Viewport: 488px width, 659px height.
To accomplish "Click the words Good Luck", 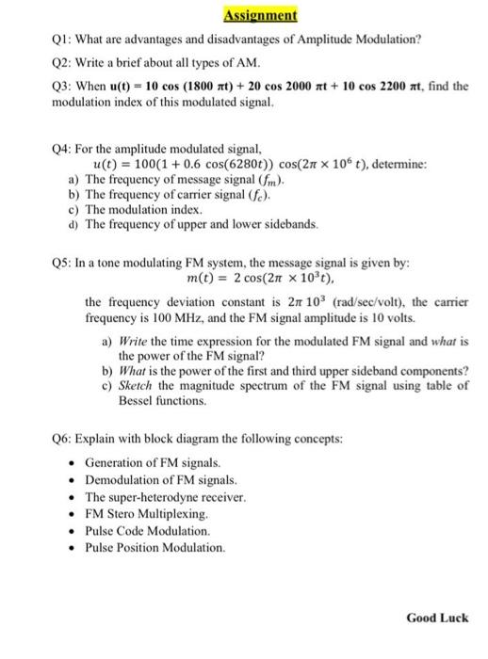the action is (436, 619).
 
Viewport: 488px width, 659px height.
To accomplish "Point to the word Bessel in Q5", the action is (137, 400).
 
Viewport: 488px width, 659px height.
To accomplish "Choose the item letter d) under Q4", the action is (74, 225).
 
